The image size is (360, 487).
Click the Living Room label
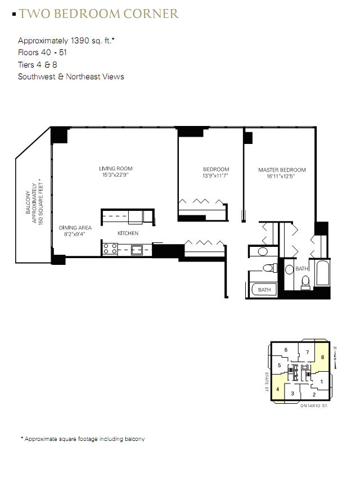[115, 168]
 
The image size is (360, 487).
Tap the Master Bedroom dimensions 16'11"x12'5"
[281, 177]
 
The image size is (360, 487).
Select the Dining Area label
[75, 228]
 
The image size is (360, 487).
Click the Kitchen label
[128, 233]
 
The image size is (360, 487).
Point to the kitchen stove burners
[110, 249]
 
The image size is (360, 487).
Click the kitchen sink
[137, 249]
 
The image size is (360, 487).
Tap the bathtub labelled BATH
[264, 290]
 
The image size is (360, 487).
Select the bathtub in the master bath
[322, 273]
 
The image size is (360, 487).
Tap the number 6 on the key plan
[286, 350]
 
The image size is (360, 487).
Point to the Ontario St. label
[314, 405]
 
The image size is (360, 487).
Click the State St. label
[267, 382]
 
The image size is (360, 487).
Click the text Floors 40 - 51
[42, 52]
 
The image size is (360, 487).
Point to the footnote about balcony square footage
[83, 439]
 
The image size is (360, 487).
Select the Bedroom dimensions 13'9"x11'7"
[215, 176]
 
